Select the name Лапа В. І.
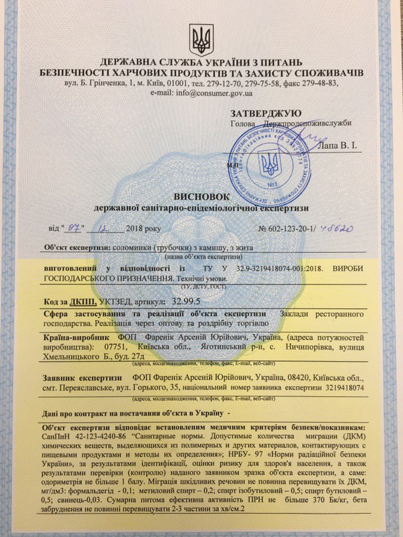coord(336,146)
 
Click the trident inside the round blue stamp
coord(271,163)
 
